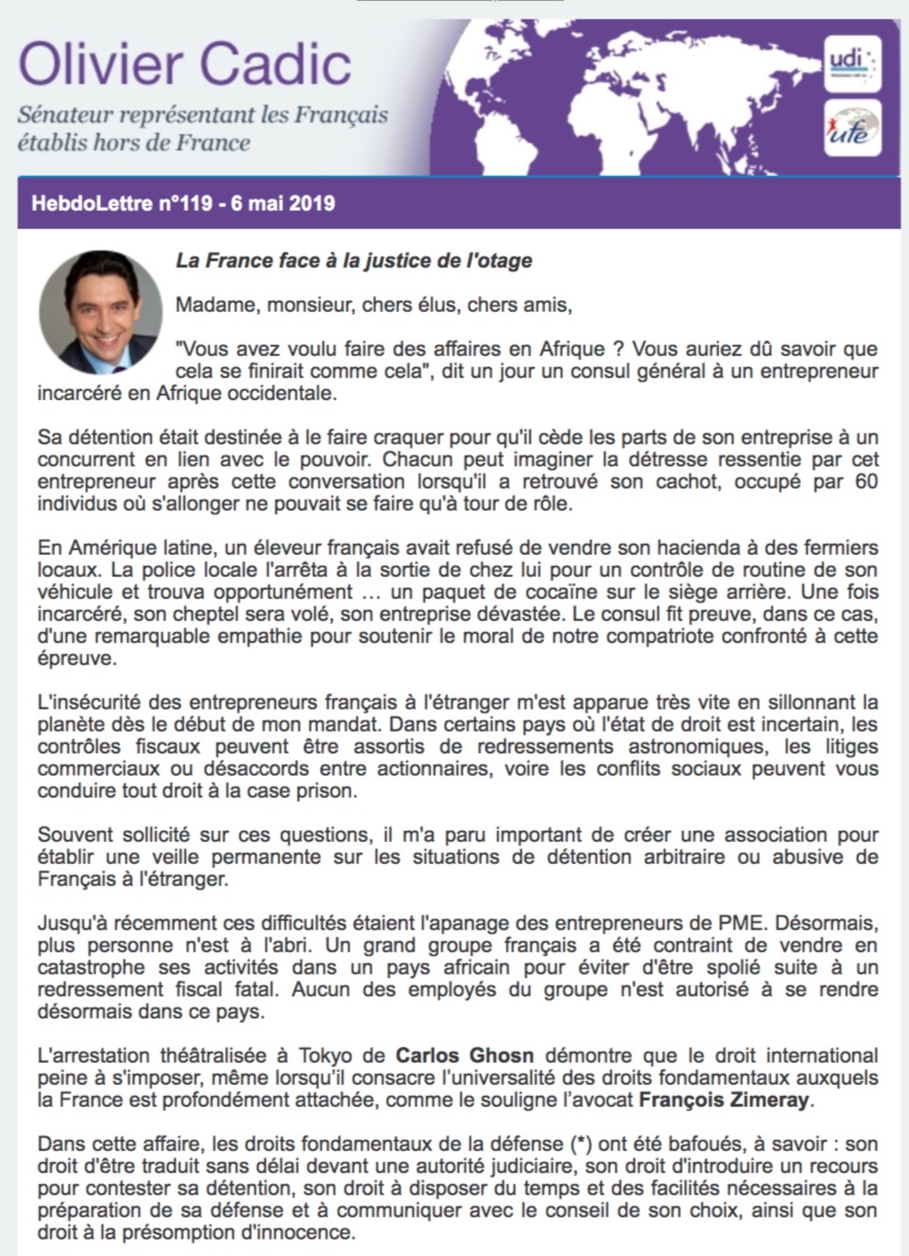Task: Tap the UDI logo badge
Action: (x=852, y=63)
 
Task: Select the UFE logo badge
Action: (x=852, y=128)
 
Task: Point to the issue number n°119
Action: (x=184, y=202)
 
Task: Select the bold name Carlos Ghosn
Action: (x=465, y=1055)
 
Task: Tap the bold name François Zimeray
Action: (x=724, y=1100)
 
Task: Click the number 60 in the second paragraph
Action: (x=866, y=481)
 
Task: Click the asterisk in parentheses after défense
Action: (x=581, y=1144)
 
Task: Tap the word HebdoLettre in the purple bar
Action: (x=91, y=202)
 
